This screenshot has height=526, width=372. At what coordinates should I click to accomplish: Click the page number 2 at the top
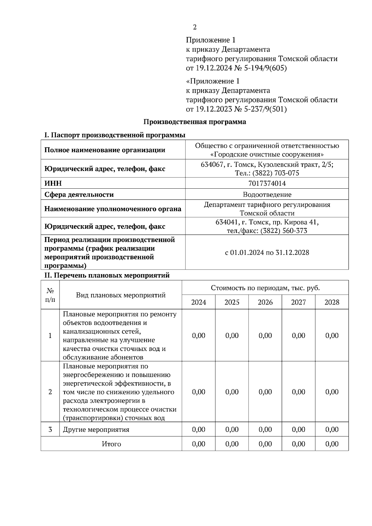(x=195, y=27)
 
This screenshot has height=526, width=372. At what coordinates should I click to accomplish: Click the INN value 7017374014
(x=267, y=183)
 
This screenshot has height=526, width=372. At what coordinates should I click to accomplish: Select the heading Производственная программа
(x=195, y=122)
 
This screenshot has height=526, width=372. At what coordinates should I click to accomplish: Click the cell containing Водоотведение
(x=267, y=195)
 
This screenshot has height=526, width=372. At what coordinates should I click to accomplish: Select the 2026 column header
(x=265, y=302)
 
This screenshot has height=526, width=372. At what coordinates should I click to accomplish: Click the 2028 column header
(x=332, y=302)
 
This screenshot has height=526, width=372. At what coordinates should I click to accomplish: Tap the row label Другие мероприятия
(x=96, y=429)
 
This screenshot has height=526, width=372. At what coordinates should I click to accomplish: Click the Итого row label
(x=111, y=444)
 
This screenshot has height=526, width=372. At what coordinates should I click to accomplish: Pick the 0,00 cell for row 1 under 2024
(x=198, y=335)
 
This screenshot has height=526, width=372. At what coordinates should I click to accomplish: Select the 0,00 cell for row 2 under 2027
(x=298, y=392)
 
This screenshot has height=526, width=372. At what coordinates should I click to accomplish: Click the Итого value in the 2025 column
(x=232, y=444)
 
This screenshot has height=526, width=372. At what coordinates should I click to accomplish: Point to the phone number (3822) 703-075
(x=276, y=173)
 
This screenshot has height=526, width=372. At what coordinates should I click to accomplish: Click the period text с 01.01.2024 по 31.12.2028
(x=267, y=252)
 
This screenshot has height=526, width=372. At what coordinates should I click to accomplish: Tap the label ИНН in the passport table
(x=53, y=183)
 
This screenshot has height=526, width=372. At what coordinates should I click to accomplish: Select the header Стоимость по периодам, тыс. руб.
(x=265, y=288)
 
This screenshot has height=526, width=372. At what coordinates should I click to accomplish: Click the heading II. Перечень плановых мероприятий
(x=107, y=275)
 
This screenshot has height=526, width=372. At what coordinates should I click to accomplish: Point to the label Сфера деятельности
(x=79, y=195)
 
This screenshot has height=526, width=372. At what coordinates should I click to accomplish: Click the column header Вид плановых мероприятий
(x=121, y=295)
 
